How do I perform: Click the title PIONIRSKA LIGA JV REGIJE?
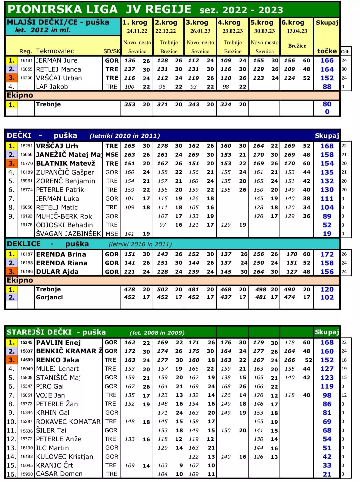tap(99, 9)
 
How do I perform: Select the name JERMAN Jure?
tap(57, 60)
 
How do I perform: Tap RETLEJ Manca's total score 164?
tap(327, 69)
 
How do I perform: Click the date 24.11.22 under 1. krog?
tap(137, 31)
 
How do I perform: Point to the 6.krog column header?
tap(293, 23)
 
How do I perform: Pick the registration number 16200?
tap(26, 78)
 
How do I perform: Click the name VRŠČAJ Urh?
tap(57, 146)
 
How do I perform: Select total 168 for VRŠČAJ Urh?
tap(327, 146)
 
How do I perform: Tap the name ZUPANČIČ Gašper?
tap(65, 172)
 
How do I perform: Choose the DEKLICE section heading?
tap(24, 244)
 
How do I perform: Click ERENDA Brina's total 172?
tap(327, 254)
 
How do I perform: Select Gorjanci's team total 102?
tap(327, 297)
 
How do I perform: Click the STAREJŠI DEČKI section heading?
tap(39, 332)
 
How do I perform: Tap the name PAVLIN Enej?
tap(58, 343)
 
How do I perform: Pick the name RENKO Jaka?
tap(57, 360)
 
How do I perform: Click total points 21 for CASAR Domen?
tap(327, 474)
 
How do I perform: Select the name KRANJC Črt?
tap(55, 465)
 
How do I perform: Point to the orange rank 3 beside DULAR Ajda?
tap(12, 272)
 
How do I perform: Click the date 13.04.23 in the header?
tap(297, 31)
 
